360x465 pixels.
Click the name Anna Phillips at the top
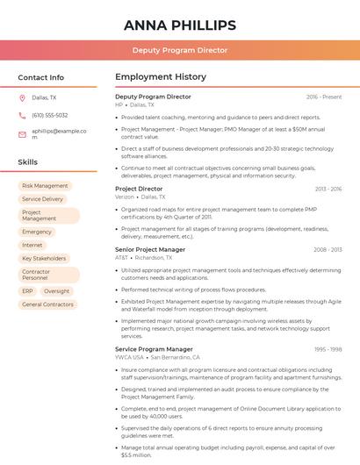coord(180,25)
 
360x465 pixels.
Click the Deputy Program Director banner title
coord(180,50)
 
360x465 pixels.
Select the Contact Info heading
coord(41,77)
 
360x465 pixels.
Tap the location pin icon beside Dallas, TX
coord(22,97)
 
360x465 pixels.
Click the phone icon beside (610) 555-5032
coord(22,115)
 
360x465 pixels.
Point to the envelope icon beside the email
coord(22,134)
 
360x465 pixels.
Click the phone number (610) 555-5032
coord(50,115)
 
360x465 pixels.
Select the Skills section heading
coord(28,162)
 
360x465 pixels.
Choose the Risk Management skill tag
coord(45,186)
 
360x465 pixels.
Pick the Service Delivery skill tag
coord(43,199)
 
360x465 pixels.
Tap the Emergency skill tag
coord(37,232)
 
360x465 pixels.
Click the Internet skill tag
coord(32,245)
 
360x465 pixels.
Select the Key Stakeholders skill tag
coord(44,259)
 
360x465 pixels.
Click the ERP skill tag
coord(28,291)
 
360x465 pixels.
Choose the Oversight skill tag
coord(57,291)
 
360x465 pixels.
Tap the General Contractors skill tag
coord(47,304)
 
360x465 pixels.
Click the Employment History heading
coord(161,77)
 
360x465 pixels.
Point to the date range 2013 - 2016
coord(328,189)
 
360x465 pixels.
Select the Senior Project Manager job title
coord(150,249)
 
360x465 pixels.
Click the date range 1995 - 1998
coord(328,349)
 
